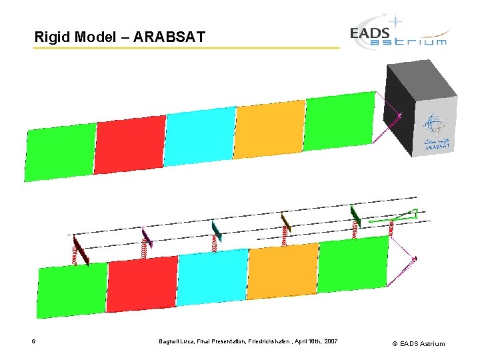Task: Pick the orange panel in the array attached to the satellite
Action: [x=269, y=129]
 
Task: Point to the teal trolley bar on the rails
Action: [x=216, y=231]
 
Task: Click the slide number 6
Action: [x=33, y=342]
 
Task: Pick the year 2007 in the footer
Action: [x=330, y=342]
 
